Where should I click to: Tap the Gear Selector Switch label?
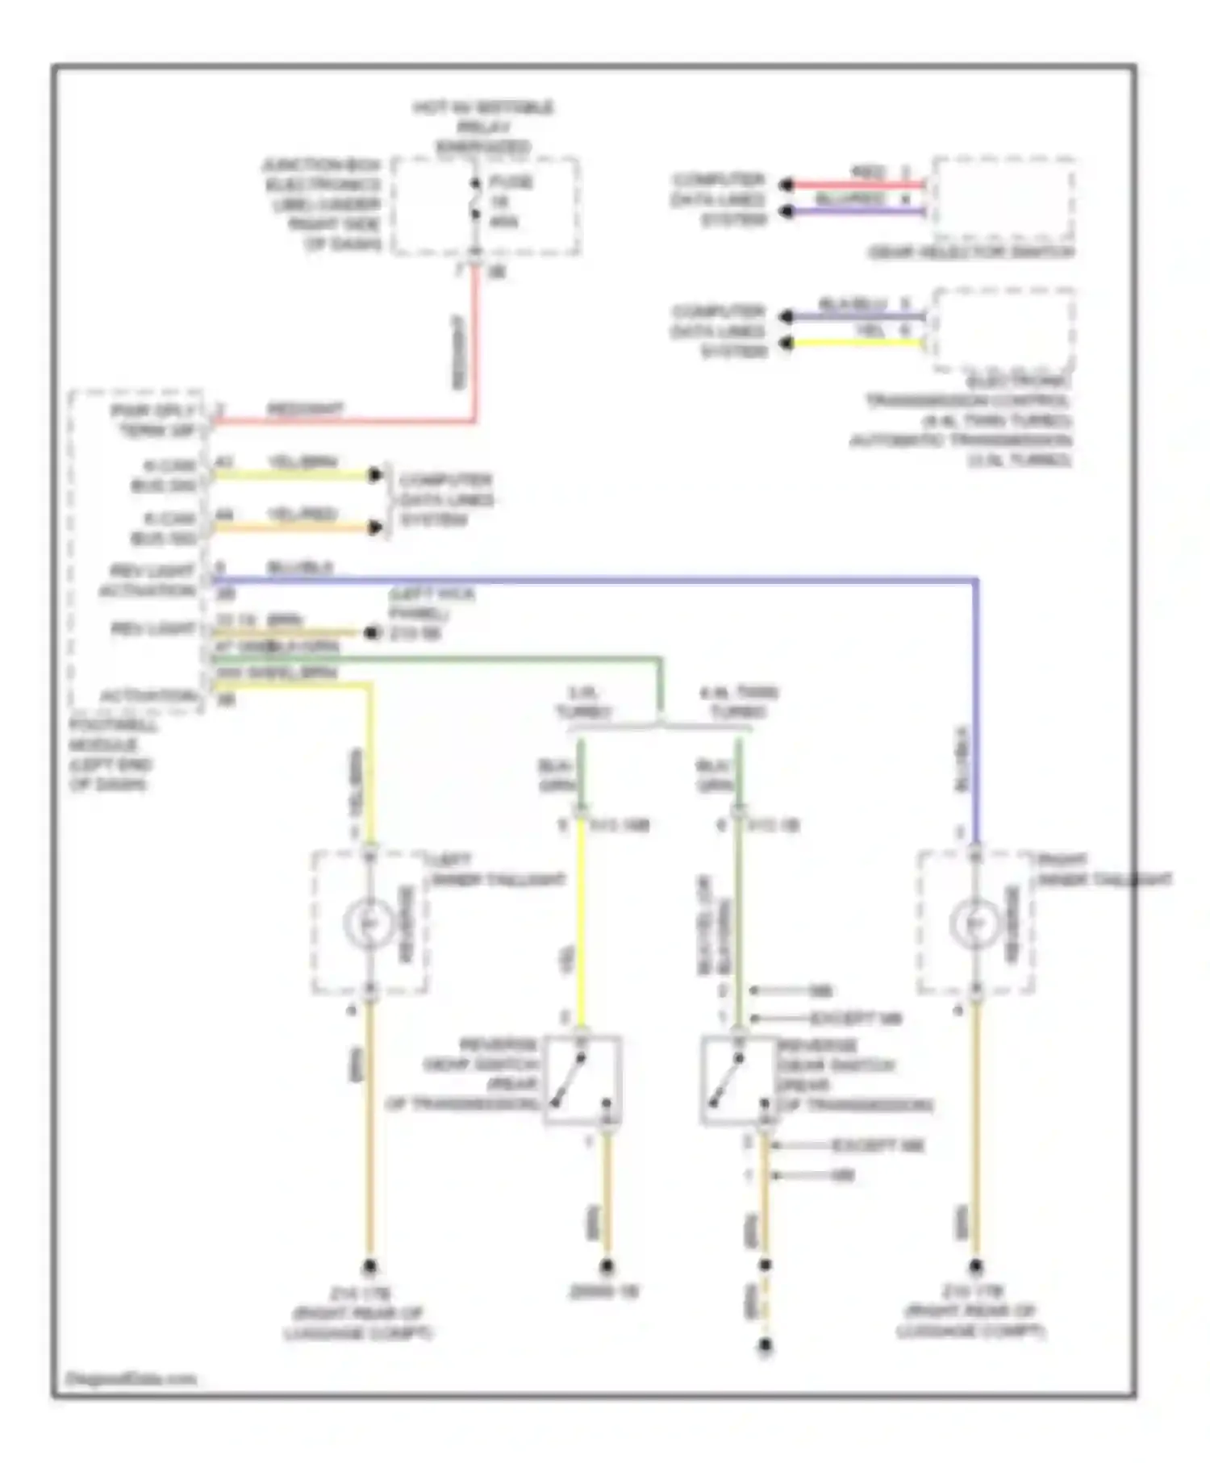(971, 252)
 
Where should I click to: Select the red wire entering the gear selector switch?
(855, 185)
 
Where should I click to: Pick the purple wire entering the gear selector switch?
(855, 212)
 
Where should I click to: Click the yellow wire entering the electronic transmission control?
(855, 344)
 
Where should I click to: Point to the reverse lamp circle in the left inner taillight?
(369, 922)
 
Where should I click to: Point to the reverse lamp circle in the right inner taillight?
(975, 922)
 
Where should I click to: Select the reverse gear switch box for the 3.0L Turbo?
(583, 1079)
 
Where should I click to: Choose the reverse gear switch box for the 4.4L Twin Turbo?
(739, 1079)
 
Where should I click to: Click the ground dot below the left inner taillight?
(369, 1266)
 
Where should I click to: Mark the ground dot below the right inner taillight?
(975, 1266)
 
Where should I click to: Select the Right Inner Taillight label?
(1104, 869)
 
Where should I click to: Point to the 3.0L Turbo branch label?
(584, 702)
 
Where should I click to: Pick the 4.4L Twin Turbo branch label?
(738, 702)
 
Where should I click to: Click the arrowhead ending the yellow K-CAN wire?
(375, 475)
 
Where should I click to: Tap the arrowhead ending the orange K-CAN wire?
(375, 528)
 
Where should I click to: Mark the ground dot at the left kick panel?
(372, 633)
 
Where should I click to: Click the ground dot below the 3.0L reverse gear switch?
(607, 1266)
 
